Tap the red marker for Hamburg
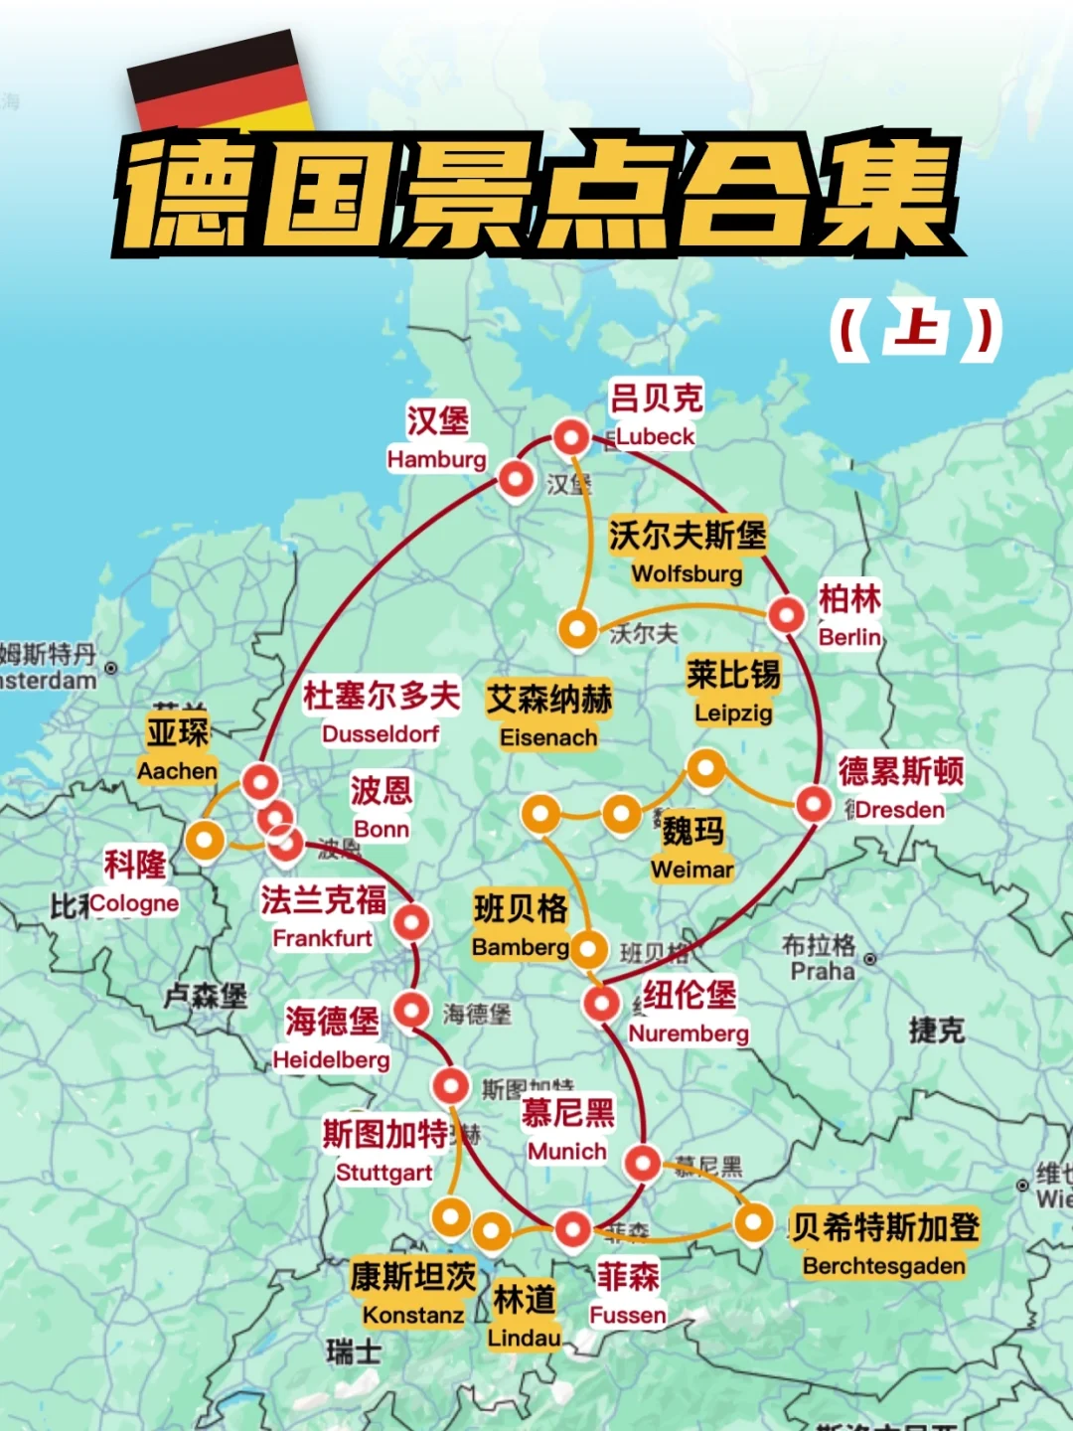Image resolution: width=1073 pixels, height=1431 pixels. [x=516, y=479]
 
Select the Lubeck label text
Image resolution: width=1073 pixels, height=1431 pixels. [x=655, y=436]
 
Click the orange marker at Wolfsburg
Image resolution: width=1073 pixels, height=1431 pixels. [x=577, y=628]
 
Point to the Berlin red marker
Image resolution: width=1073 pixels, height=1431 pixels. [x=787, y=615]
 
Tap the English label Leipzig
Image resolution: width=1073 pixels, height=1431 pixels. [x=733, y=713]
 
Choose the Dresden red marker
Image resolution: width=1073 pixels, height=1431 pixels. [x=814, y=803]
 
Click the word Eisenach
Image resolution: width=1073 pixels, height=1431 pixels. [x=548, y=737]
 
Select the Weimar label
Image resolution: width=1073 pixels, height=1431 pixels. [x=691, y=870]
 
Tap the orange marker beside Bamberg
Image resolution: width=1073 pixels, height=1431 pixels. [x=587, y=950]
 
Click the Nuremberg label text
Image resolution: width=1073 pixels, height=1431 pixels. [x=689, y=1033]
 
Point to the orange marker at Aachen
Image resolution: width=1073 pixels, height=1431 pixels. [x=205, y=841]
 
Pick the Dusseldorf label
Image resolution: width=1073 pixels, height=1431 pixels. [x=381, y=733]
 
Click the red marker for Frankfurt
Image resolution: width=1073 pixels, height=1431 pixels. [x=411, y=923]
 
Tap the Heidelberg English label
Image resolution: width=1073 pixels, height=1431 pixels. [x=332, y=1060]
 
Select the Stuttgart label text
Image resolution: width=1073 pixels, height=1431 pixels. [x=383, y=1173]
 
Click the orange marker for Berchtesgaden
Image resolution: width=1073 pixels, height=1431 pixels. [x=753, y=1222]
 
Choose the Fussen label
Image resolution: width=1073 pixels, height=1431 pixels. [x=628, y=1316]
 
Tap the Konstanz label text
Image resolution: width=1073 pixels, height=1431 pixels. [x=413, y=1316]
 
